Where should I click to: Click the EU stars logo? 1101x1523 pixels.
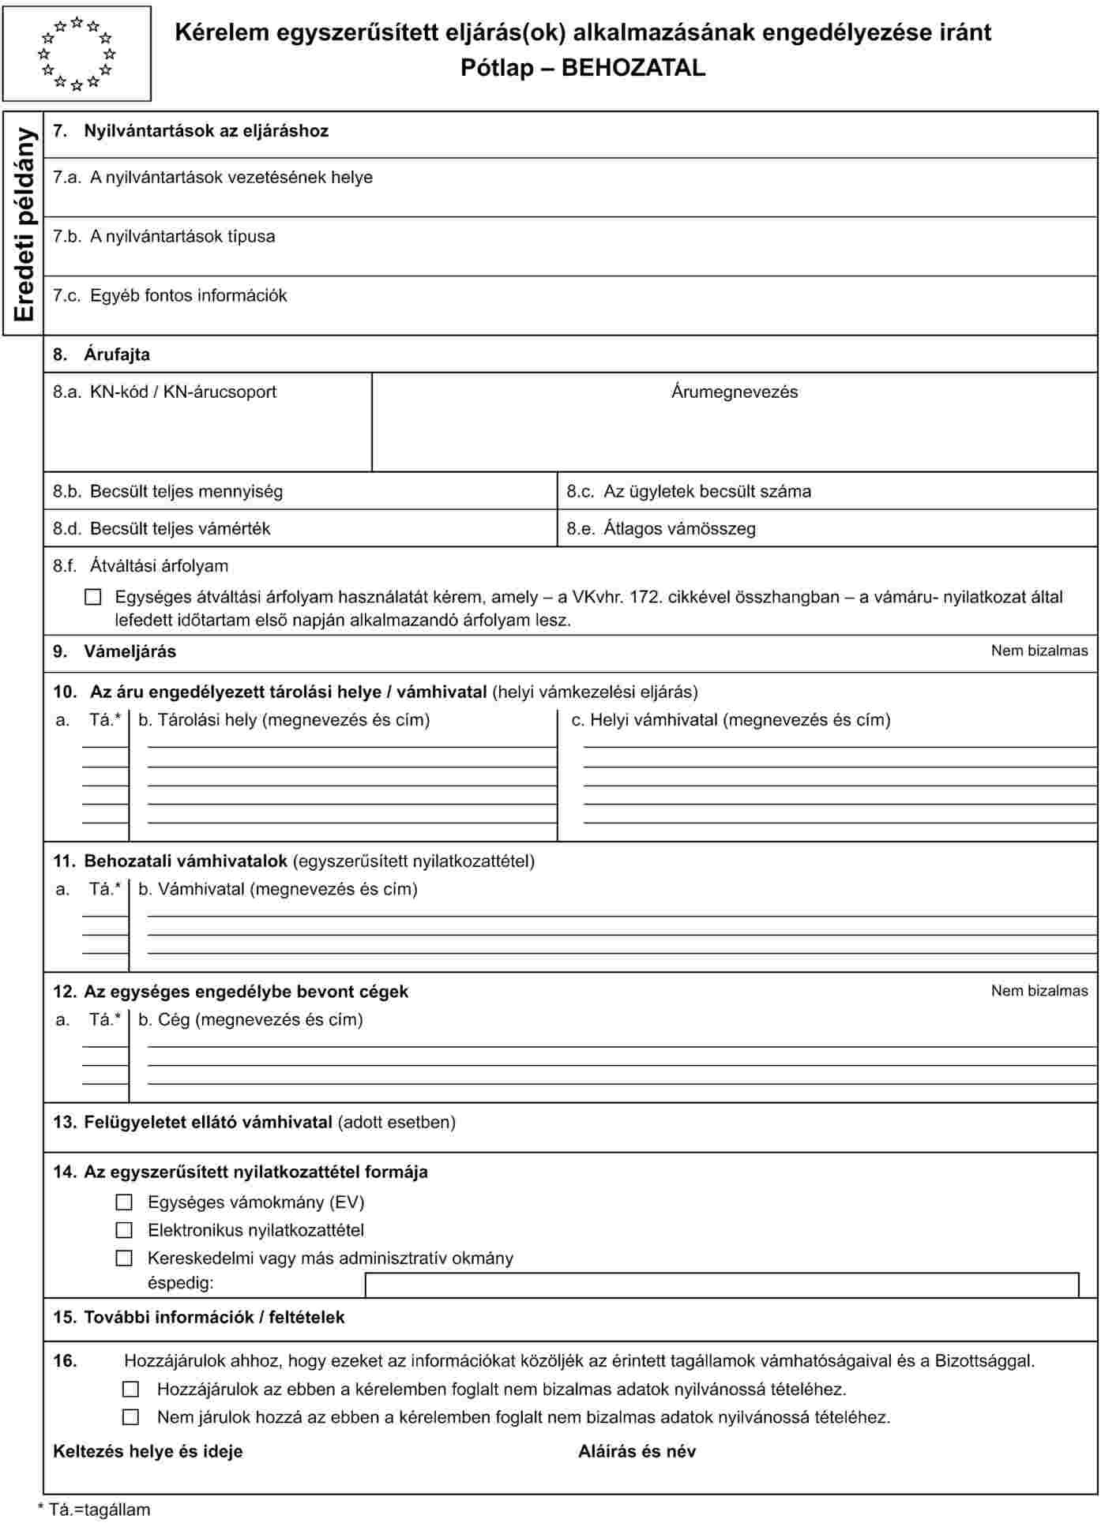(77, 54)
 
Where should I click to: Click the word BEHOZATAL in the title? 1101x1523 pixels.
(633, 68)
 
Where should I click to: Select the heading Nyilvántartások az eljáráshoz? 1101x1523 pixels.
(206, 131)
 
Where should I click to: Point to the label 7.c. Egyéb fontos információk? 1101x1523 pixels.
(170, 296)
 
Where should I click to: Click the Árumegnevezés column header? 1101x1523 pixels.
(735, 392)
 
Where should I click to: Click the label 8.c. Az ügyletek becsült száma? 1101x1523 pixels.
(689, 492)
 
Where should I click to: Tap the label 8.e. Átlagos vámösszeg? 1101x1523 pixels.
(661, 529)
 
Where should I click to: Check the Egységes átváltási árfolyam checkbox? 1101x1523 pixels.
(93, 598)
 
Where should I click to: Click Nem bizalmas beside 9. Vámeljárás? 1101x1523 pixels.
(1039, 651)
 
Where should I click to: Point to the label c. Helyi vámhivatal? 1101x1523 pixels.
(731, 720)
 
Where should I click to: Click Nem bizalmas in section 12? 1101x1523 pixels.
(1039, 992)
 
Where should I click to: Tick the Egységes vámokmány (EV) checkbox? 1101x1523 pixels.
(124, 1202)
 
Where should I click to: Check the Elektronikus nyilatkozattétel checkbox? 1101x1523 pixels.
(124, 1230)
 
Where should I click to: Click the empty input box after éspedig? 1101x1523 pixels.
(721, 1285)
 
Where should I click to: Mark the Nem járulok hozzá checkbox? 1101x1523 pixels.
(131, 1417)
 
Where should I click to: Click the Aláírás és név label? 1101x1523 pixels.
(637, 1452)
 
